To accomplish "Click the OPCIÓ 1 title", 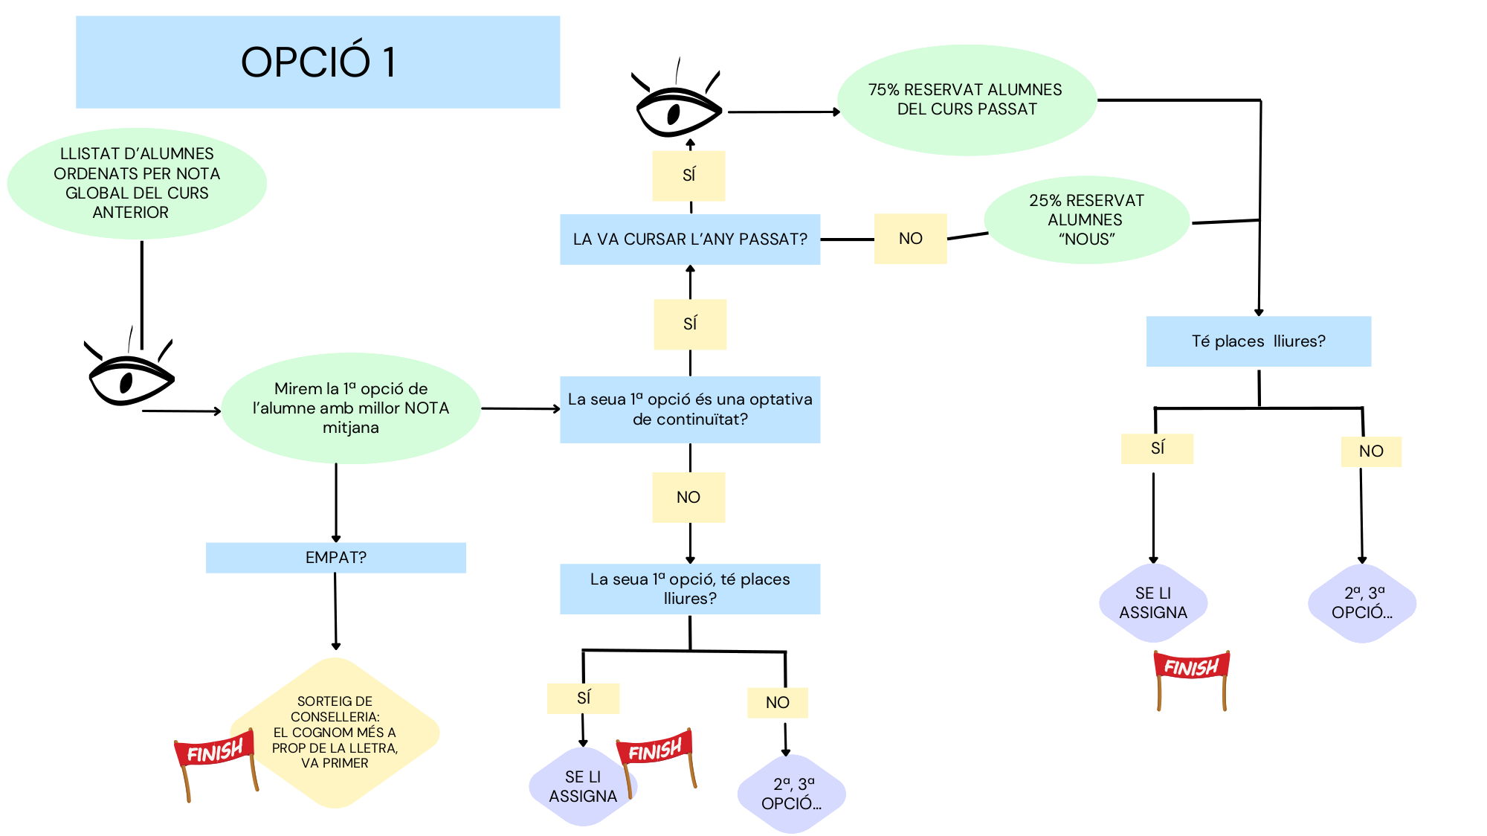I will [317, 62].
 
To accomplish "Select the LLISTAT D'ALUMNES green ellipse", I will [137, 183].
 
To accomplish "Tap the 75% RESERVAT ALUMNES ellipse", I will [967, 100].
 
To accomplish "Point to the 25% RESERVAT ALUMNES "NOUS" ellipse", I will [1086, 219].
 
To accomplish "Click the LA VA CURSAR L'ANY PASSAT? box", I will [690, 239].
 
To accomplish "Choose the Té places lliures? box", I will [1258, 341].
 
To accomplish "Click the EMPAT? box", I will [335, 558].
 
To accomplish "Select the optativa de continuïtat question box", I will [690, 409].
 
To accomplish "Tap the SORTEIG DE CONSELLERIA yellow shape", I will [335, 733].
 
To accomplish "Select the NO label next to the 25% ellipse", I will [910, 239].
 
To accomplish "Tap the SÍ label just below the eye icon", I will [688, 176].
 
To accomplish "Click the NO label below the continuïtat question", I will [688, 498].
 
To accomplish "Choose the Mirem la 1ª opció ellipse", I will [351, 408].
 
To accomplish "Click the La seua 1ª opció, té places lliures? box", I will [690, 589].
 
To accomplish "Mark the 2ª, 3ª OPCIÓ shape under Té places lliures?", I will [1361, 603].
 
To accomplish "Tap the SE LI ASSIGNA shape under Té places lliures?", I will [1153, 603].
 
